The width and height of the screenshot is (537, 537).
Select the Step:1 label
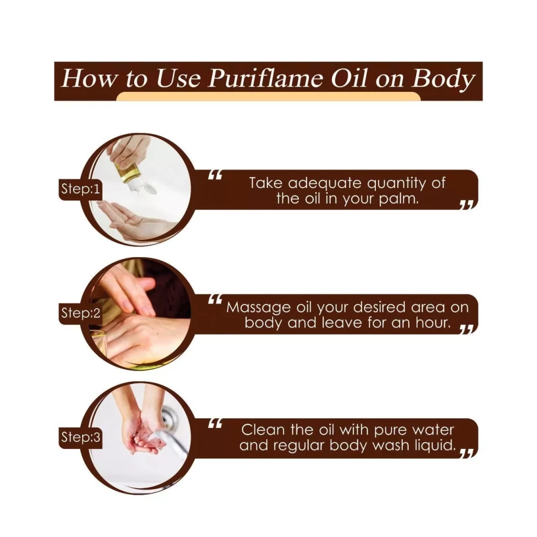point(81,188)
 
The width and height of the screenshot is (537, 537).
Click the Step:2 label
point(81,313)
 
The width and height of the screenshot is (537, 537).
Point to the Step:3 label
point(81,437)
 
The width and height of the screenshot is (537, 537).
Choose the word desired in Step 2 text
point(380,307)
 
